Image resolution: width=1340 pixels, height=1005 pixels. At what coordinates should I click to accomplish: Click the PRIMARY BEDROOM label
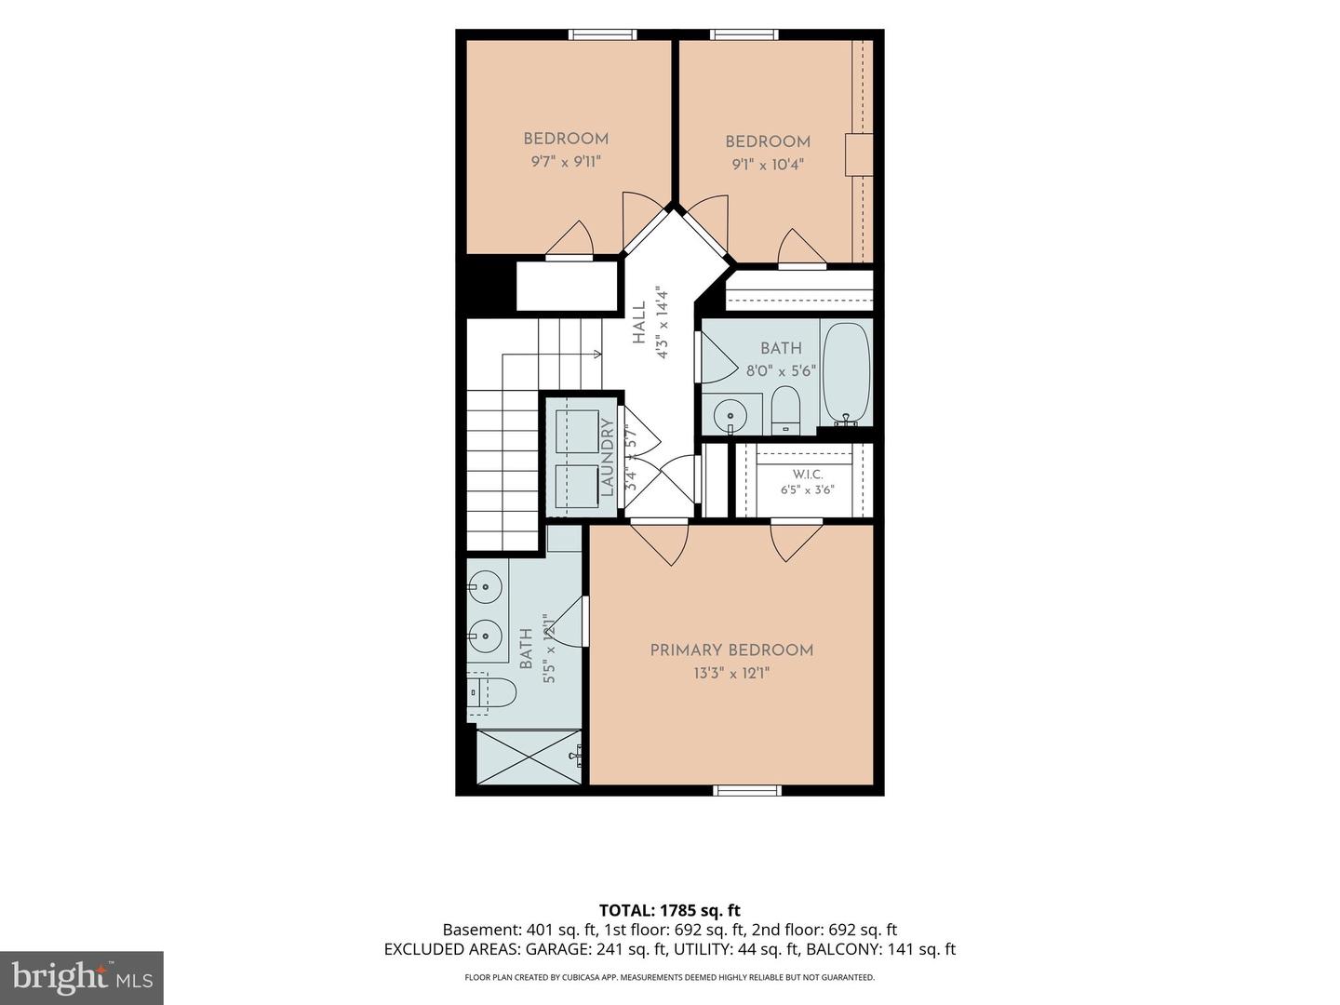(730, 650)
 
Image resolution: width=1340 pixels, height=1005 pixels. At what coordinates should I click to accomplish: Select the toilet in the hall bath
(785, 410)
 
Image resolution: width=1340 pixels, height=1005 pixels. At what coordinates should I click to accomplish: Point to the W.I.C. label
(808, 475)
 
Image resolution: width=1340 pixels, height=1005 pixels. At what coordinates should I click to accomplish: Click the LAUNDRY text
(607, 457)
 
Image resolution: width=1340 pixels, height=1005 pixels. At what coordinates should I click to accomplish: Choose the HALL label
(638, 323)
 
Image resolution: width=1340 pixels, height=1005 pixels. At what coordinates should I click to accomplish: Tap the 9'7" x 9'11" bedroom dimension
(566, 162)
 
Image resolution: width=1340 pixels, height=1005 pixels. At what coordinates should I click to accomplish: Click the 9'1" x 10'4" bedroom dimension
(768, 164)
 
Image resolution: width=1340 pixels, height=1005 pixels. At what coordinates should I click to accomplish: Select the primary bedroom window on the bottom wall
(747, 790)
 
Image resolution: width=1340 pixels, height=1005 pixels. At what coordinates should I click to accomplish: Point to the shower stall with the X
(529, 757)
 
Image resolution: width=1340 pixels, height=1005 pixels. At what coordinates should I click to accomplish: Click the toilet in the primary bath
(492, 692)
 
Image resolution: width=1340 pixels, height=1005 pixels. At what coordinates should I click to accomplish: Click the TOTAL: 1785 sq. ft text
(670, 910)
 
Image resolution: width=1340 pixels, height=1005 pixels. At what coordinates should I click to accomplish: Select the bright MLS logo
(81, 977)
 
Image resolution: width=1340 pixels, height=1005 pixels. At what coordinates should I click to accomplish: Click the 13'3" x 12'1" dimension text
(731, 674)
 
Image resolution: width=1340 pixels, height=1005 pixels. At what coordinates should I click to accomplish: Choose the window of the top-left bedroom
(603, 34)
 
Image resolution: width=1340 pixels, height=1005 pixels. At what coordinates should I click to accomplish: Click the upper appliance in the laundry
(578, 432)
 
